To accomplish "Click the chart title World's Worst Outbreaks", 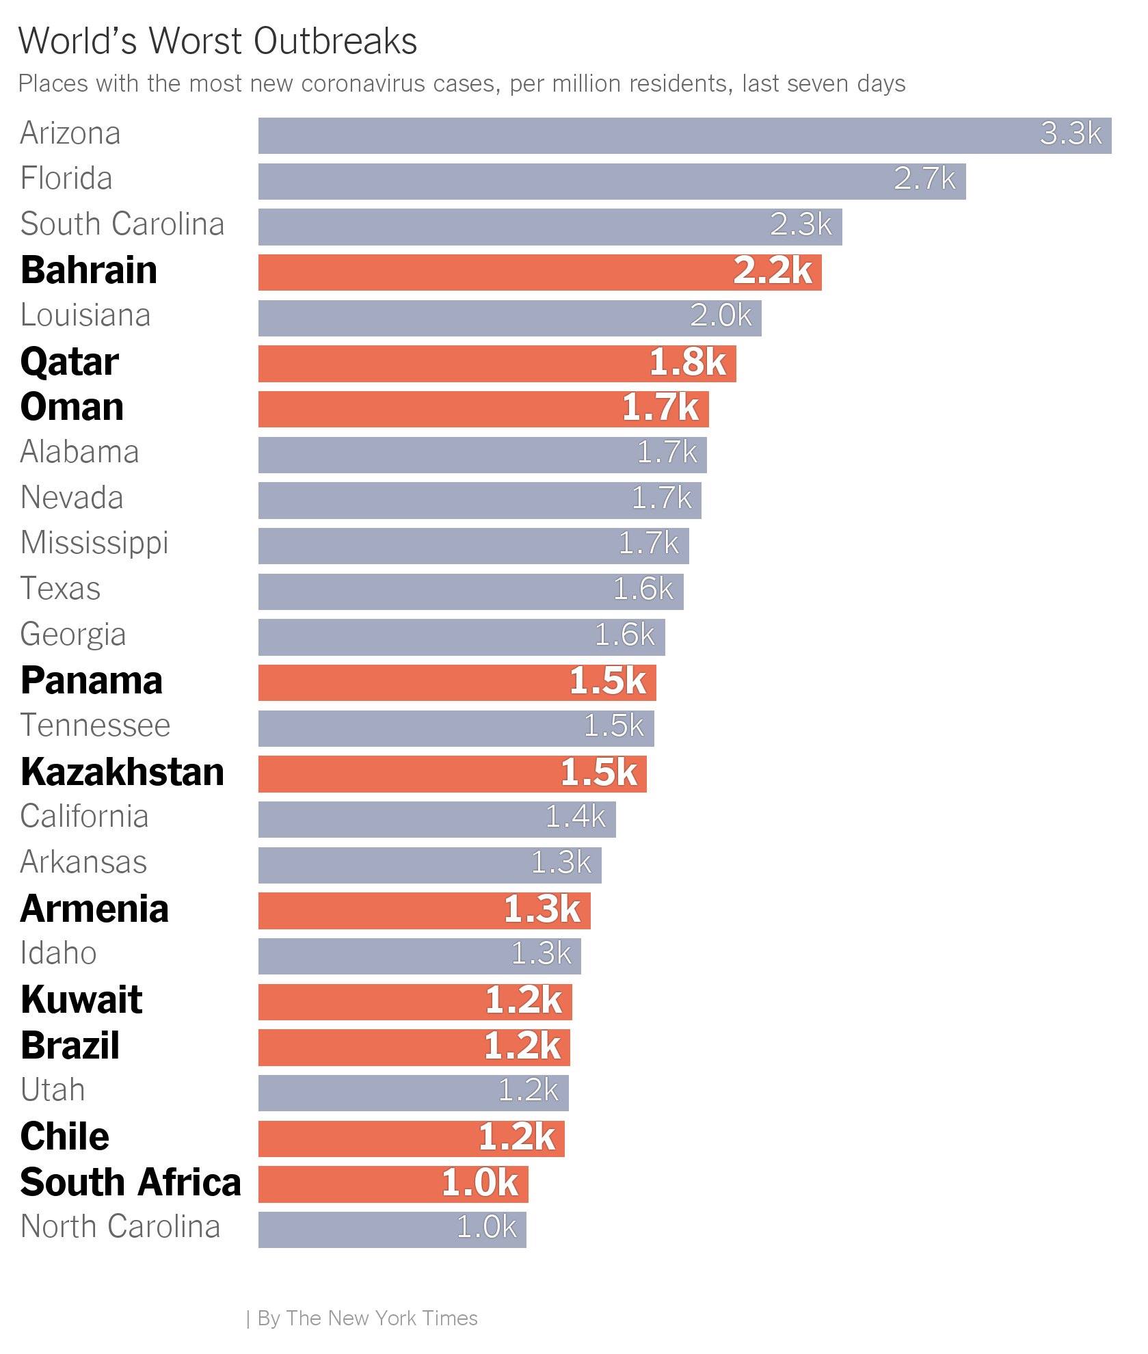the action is click(217, 41).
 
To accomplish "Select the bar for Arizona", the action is click(684, 135).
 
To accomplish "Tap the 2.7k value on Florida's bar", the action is click(924, 179).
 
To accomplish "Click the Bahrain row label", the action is click(89, 270).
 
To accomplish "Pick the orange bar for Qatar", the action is click(497, 364).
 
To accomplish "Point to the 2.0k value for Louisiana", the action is click(721, 316).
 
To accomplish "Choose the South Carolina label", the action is click(122, 224).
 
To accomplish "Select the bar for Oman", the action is click(483, 409).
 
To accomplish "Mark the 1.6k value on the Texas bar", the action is click(643, 589).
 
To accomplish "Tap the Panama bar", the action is click(457, 682).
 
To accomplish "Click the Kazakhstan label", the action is click(122, 772).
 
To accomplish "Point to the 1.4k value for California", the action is click(575, 817).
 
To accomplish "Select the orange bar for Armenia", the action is click(424, 911).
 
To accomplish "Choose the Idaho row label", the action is click(59, 953).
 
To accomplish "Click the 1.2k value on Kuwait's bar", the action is click(524, 1001).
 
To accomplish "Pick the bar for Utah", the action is click(413, 1093).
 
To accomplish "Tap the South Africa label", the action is click(131, 1182).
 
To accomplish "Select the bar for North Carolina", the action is click(392, 1230).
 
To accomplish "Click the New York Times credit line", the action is click(362, 1318).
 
